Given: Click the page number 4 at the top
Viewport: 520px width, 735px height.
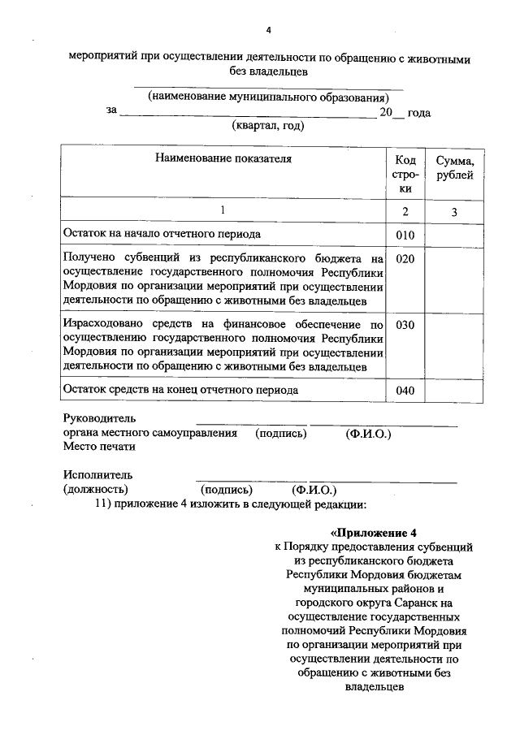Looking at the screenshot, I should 268,30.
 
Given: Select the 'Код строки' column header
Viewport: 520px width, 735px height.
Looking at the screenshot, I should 405,174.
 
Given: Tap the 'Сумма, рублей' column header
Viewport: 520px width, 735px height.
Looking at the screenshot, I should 455,167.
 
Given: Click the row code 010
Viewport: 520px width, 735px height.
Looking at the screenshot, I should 405,236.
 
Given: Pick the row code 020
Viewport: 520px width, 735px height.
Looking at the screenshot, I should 405,259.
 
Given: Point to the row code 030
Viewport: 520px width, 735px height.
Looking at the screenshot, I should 405,325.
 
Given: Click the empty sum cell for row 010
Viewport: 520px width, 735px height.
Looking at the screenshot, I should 455,236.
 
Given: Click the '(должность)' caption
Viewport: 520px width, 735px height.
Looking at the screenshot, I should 95,490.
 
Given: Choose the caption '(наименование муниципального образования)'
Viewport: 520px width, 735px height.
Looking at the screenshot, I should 268,97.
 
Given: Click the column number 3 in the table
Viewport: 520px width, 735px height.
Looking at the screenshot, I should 455,211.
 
